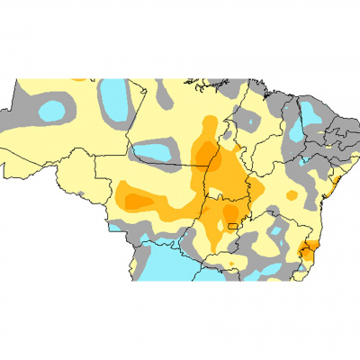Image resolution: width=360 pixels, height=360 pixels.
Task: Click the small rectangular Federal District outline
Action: click(x=236, y=225)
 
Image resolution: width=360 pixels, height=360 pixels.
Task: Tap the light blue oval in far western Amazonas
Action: click(x=51, y=111)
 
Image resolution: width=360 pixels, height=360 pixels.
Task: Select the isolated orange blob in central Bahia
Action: click(x=292, y=194)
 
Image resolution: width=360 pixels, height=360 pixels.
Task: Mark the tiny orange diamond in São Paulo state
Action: click(x=231, y=263)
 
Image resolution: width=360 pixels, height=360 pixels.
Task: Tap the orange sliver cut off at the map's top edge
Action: click(x=80, y=78)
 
